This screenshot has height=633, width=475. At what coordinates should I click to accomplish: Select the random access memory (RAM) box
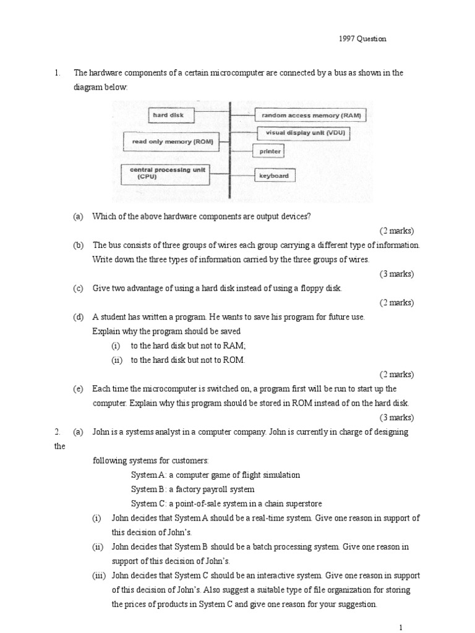tap(311, 115)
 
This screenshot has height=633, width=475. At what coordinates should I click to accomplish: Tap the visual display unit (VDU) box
tap(306, 133)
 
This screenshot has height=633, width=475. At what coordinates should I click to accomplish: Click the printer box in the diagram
tap(270, 151)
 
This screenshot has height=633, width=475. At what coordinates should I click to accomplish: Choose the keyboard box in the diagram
tap(275, 176)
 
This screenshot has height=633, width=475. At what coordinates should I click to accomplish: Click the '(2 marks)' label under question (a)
tap(396, 231)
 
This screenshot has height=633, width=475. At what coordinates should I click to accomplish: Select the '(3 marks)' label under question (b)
tap(396, 274)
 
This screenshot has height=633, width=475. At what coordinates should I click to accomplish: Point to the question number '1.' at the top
tap(58, 72)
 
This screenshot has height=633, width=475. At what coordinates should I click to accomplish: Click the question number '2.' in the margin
tap(58, 432)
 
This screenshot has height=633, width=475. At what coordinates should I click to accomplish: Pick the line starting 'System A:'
tap(215, 475)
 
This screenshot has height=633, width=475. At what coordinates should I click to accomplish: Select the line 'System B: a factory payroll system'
tap(192, 489)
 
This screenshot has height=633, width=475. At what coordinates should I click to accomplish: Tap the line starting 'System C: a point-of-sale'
tap(226, 503)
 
